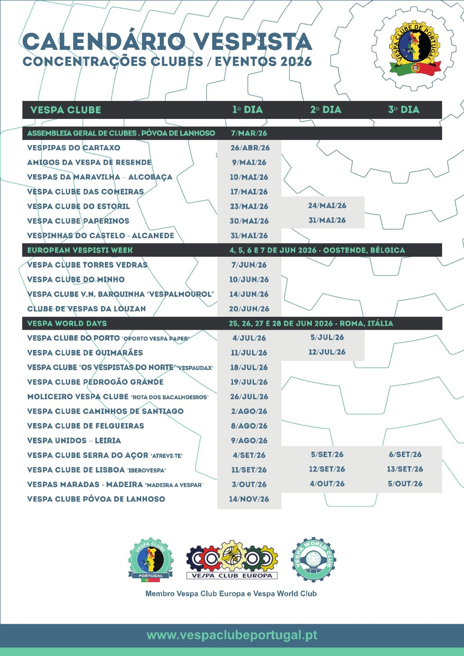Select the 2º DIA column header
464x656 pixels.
326,110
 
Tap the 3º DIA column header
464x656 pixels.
404,110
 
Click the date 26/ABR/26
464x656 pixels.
250,148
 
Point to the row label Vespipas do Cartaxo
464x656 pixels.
73,148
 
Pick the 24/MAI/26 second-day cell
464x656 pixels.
327,206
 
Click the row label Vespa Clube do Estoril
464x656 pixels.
78,207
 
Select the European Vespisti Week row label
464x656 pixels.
80,250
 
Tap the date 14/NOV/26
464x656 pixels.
249,499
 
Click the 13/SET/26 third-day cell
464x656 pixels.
405,469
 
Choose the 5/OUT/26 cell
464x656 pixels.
405,484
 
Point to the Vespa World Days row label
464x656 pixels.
67,324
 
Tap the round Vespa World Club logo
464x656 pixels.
313,559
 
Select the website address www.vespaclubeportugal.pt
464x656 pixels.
232,635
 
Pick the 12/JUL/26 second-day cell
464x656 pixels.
327,352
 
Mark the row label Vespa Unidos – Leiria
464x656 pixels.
74,441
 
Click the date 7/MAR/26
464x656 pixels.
249,134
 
